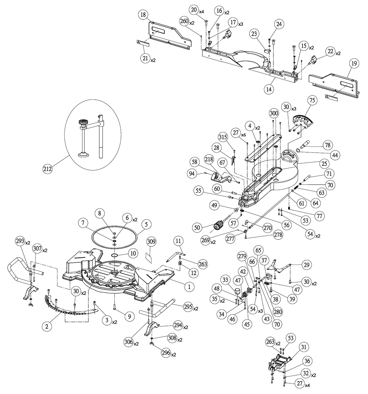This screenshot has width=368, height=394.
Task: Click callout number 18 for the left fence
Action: click(x=143, y=15)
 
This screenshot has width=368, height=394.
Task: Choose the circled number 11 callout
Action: click(x=178, y=241)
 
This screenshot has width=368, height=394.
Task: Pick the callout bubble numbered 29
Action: click(x=305, y=265)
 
